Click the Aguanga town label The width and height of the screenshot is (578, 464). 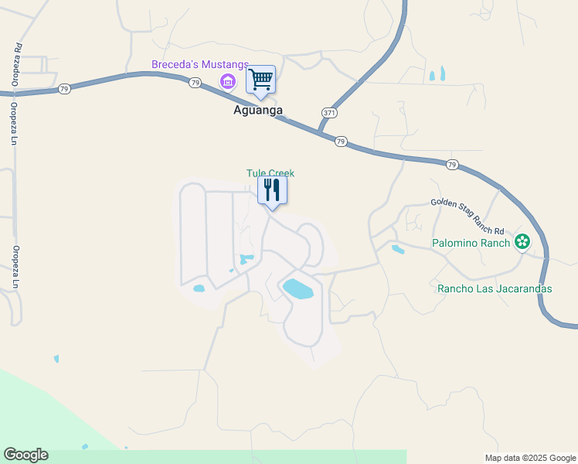pos(257,111)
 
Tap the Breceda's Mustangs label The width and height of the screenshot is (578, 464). pos(200,64)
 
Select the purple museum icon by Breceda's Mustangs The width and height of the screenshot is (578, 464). pos(227,81)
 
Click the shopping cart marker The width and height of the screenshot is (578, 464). pos(260,79)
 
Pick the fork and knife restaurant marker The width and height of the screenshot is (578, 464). pos(272,189)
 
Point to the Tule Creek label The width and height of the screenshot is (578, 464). pos(270,173)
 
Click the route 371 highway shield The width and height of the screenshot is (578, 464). pos(328,113)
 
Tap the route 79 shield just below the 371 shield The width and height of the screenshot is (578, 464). pos(341,141)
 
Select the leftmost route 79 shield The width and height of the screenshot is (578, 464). pos(63,90)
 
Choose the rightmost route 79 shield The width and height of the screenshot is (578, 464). pos(452,164)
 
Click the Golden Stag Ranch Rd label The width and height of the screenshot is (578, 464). pos(467,207)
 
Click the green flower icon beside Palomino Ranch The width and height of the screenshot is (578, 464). pos(522,242)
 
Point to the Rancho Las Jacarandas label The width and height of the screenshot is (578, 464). pos(495,288)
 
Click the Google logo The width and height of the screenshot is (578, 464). pos(25,455)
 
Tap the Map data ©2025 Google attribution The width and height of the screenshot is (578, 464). pos(529,458)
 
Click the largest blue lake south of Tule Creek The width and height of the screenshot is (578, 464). pos(298,289)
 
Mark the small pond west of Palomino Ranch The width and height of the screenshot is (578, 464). pos(398,249)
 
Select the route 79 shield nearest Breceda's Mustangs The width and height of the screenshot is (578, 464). pos(195,83)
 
